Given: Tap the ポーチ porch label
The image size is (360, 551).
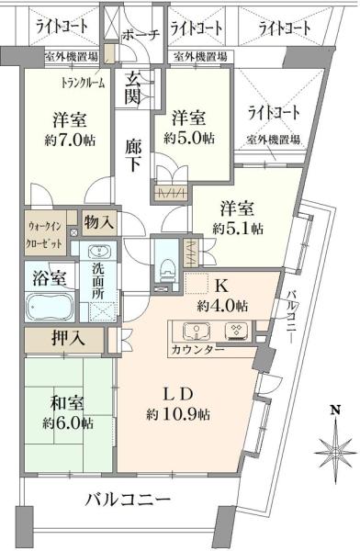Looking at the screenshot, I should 141,35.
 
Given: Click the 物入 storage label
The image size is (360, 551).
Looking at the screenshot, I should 99,221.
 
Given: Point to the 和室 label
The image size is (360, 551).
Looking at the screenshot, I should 67,402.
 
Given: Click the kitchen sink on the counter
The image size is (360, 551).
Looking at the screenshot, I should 195,331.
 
